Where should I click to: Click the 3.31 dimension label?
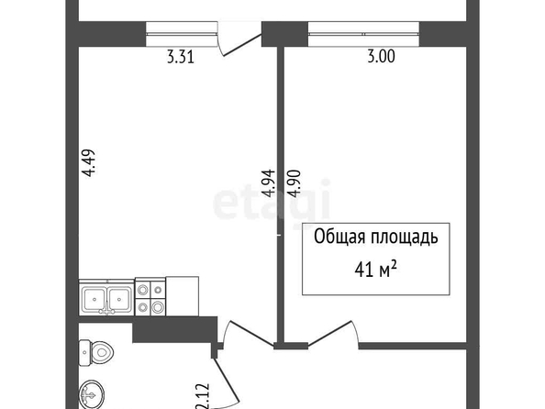[x=181, y=57]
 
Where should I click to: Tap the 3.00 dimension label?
[x=382, y=56]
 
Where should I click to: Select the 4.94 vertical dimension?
[x=269, y=183]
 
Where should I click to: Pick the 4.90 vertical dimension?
[x=294, y=183]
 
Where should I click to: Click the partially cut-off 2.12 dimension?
[x=203, y=396]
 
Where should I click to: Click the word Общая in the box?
[x=339, y=238]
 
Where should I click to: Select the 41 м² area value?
[x=376, y=270]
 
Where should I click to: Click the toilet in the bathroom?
[x=96, y=353]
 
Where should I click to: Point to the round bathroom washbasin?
[x=92, y=394]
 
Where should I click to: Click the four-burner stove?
[x=150, y=296]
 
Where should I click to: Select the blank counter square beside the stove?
[x=183, y=296]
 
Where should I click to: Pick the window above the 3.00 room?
[x=363, y=34]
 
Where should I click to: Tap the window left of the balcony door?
[x=182, y=34]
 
